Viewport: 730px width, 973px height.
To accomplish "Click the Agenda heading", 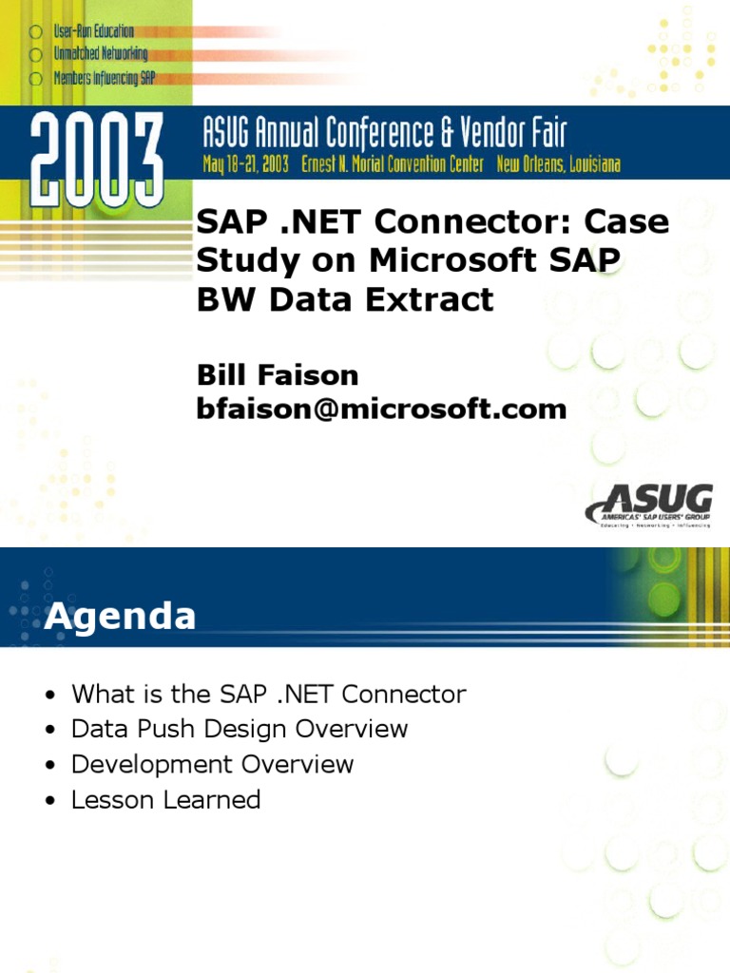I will [120, 617].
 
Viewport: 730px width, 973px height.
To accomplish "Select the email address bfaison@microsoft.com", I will [381, 409].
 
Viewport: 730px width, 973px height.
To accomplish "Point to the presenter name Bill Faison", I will [278, 374].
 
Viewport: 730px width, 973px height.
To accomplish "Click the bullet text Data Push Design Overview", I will [240, 729].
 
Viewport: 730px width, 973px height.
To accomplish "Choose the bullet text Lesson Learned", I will [165, 799].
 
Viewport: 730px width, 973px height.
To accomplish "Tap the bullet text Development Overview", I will [212, 764].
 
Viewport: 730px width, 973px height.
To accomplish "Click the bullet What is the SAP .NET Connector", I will [268, 694].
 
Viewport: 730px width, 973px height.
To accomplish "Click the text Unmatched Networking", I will [100, 54].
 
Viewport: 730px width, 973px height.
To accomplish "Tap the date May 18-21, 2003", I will [245, 164].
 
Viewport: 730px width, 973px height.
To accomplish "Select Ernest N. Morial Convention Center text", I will [393, 164].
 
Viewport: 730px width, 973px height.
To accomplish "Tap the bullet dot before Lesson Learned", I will [50, 800].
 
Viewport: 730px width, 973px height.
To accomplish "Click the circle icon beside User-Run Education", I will [36, 31].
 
